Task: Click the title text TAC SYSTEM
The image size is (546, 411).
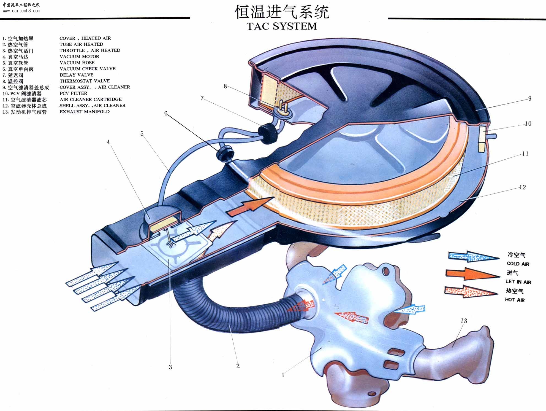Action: click(x=282, y=26)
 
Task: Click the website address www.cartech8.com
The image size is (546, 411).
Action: click(x=21, y=11)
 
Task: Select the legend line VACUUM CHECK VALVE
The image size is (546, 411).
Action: click(x=88, y=69)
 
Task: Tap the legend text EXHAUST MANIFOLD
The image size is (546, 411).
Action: click(x=85, y=112)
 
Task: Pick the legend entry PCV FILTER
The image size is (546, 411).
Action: click(x=73, y=93)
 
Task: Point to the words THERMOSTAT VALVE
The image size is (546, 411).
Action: click(x=85, y=81)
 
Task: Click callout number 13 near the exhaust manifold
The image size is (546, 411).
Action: click(x=464, y=321)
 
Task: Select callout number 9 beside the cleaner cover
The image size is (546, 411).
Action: click(x=529, y=98)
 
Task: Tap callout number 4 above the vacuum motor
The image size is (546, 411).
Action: click(x=108, y=142)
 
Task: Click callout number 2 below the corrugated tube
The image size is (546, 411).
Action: click(x=238, y=366)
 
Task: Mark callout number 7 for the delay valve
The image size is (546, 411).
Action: click(x=202, y=98)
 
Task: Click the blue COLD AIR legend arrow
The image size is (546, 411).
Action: click(x=474, y=256)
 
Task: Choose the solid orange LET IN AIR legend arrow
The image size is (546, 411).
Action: click(x=472, y=274)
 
